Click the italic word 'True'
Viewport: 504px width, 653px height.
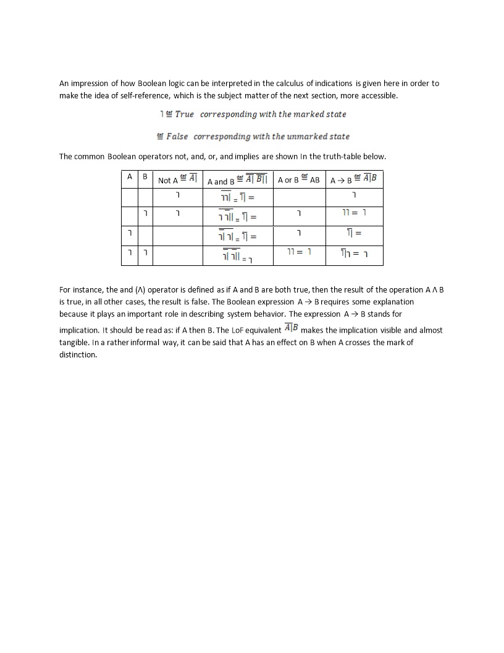(x=184, y=114)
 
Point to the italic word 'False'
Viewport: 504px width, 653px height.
(x=177, y=137)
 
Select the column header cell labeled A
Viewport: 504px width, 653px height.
(x=129, y=177)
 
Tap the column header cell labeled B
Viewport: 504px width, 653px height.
(x=145, y=177)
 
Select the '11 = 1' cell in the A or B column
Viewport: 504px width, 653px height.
(x=299, y=252)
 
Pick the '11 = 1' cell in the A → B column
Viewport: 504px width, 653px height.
(x=355, y=213)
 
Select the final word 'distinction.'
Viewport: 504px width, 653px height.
(x=78, y=355)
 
